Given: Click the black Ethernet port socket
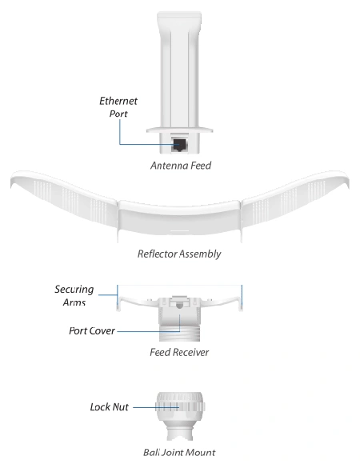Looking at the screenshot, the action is click(179, 145).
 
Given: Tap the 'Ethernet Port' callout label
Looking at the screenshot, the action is click(118, 107).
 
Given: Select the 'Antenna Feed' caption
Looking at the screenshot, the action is click(181, 166).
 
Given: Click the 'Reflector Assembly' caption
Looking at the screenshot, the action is click(179, 254).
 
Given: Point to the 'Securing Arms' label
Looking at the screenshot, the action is click(74, 295).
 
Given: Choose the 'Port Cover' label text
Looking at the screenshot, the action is click(92, 330).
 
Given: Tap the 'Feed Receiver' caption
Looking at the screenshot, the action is click(179, 352).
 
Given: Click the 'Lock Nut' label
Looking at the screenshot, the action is click(109, 407).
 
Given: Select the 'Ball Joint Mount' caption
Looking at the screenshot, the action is click(179, 452).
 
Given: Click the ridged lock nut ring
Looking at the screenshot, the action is click(180, 407).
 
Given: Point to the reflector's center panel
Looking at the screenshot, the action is click(179, 217).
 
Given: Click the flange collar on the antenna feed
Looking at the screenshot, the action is click(179, 130).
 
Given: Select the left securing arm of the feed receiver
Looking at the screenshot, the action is click(137, 302).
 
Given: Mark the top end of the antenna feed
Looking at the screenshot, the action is click(179, 13).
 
